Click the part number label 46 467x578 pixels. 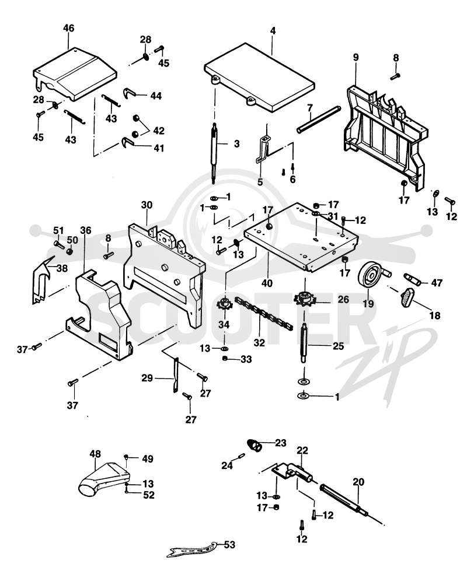[x=69, y=28]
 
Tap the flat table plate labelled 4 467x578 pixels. [x=259, y=78]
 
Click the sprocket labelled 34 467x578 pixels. [x=224, y=304]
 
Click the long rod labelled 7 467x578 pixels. [x=319, y=120]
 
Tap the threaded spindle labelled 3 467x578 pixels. [x=214, y=152]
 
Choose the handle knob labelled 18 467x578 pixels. [x=407, y=297]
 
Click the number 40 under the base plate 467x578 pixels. [x=267, y=283]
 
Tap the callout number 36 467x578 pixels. [x=86, y=230]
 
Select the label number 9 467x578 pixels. [x=356, y=57]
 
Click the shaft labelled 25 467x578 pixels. [x=304, y=342]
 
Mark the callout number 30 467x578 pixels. [x=147, y=205]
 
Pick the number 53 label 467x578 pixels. [x=229, y=544]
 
